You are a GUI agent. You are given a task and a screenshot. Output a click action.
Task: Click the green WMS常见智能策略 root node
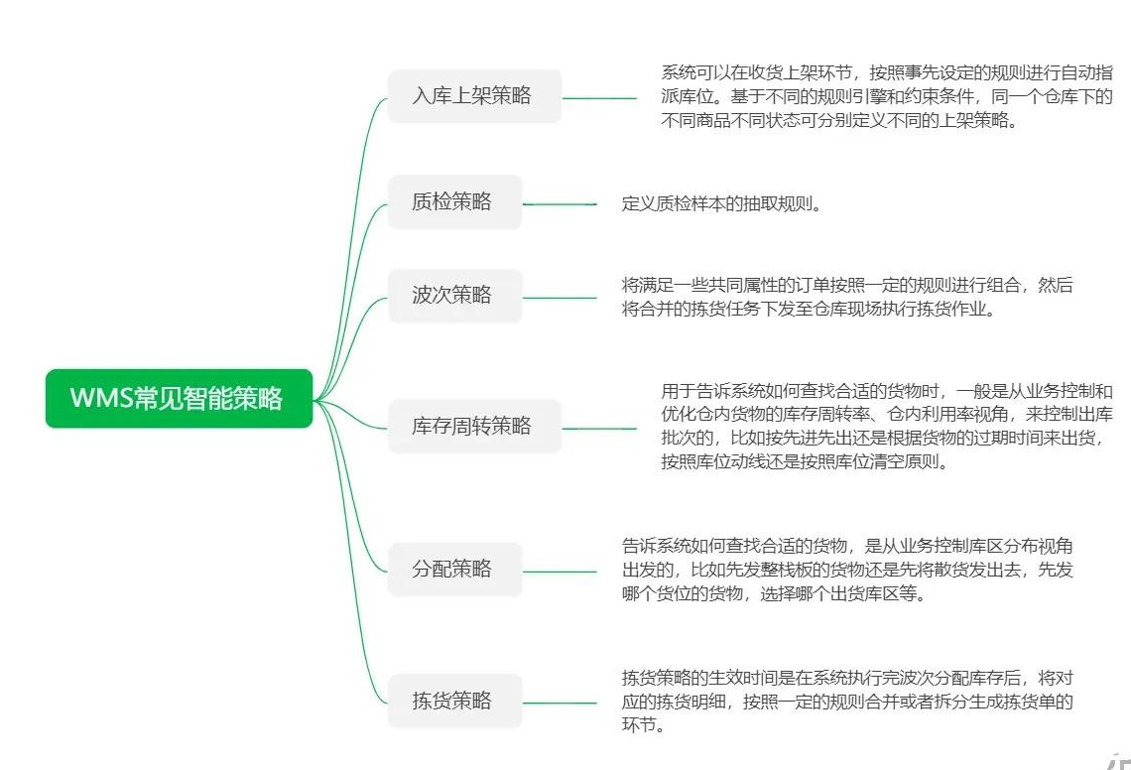click(179, 399)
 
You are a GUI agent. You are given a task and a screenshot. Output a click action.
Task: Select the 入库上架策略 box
click(474, 96)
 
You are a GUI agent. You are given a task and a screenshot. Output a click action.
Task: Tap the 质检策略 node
click(454, 202)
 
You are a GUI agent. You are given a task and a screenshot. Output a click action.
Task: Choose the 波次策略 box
click(454, 296)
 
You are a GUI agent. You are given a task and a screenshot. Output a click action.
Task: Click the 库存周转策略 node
click(474, 427)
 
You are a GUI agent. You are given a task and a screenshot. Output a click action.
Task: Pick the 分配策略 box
click(454, 570)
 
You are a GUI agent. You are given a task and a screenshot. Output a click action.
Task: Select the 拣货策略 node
click(454, 702)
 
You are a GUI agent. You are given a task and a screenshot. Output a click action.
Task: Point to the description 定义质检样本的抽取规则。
click(721, 204)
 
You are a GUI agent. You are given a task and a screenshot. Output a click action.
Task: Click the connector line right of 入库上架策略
click(599, 98)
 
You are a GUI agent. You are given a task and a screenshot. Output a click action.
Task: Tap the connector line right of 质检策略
click(560, 203)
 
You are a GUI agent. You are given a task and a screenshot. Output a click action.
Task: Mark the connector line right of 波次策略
click(560, 297)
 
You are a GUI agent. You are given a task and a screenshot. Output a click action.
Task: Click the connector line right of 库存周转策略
click(599, 428)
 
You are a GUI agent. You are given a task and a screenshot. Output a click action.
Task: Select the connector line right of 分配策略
click(560, 571)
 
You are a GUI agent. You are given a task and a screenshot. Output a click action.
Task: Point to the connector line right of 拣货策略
click(560, 703)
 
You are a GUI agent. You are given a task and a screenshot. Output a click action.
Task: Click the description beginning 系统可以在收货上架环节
click(886, 97)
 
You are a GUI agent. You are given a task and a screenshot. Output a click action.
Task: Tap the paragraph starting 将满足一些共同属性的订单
click(846, 297)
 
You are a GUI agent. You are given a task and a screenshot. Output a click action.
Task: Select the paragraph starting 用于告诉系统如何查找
click(886, 427)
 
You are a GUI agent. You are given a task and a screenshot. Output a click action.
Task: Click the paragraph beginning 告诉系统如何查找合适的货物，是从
click(846, 570)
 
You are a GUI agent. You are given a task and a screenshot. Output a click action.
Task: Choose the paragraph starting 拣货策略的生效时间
click(846, 702)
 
